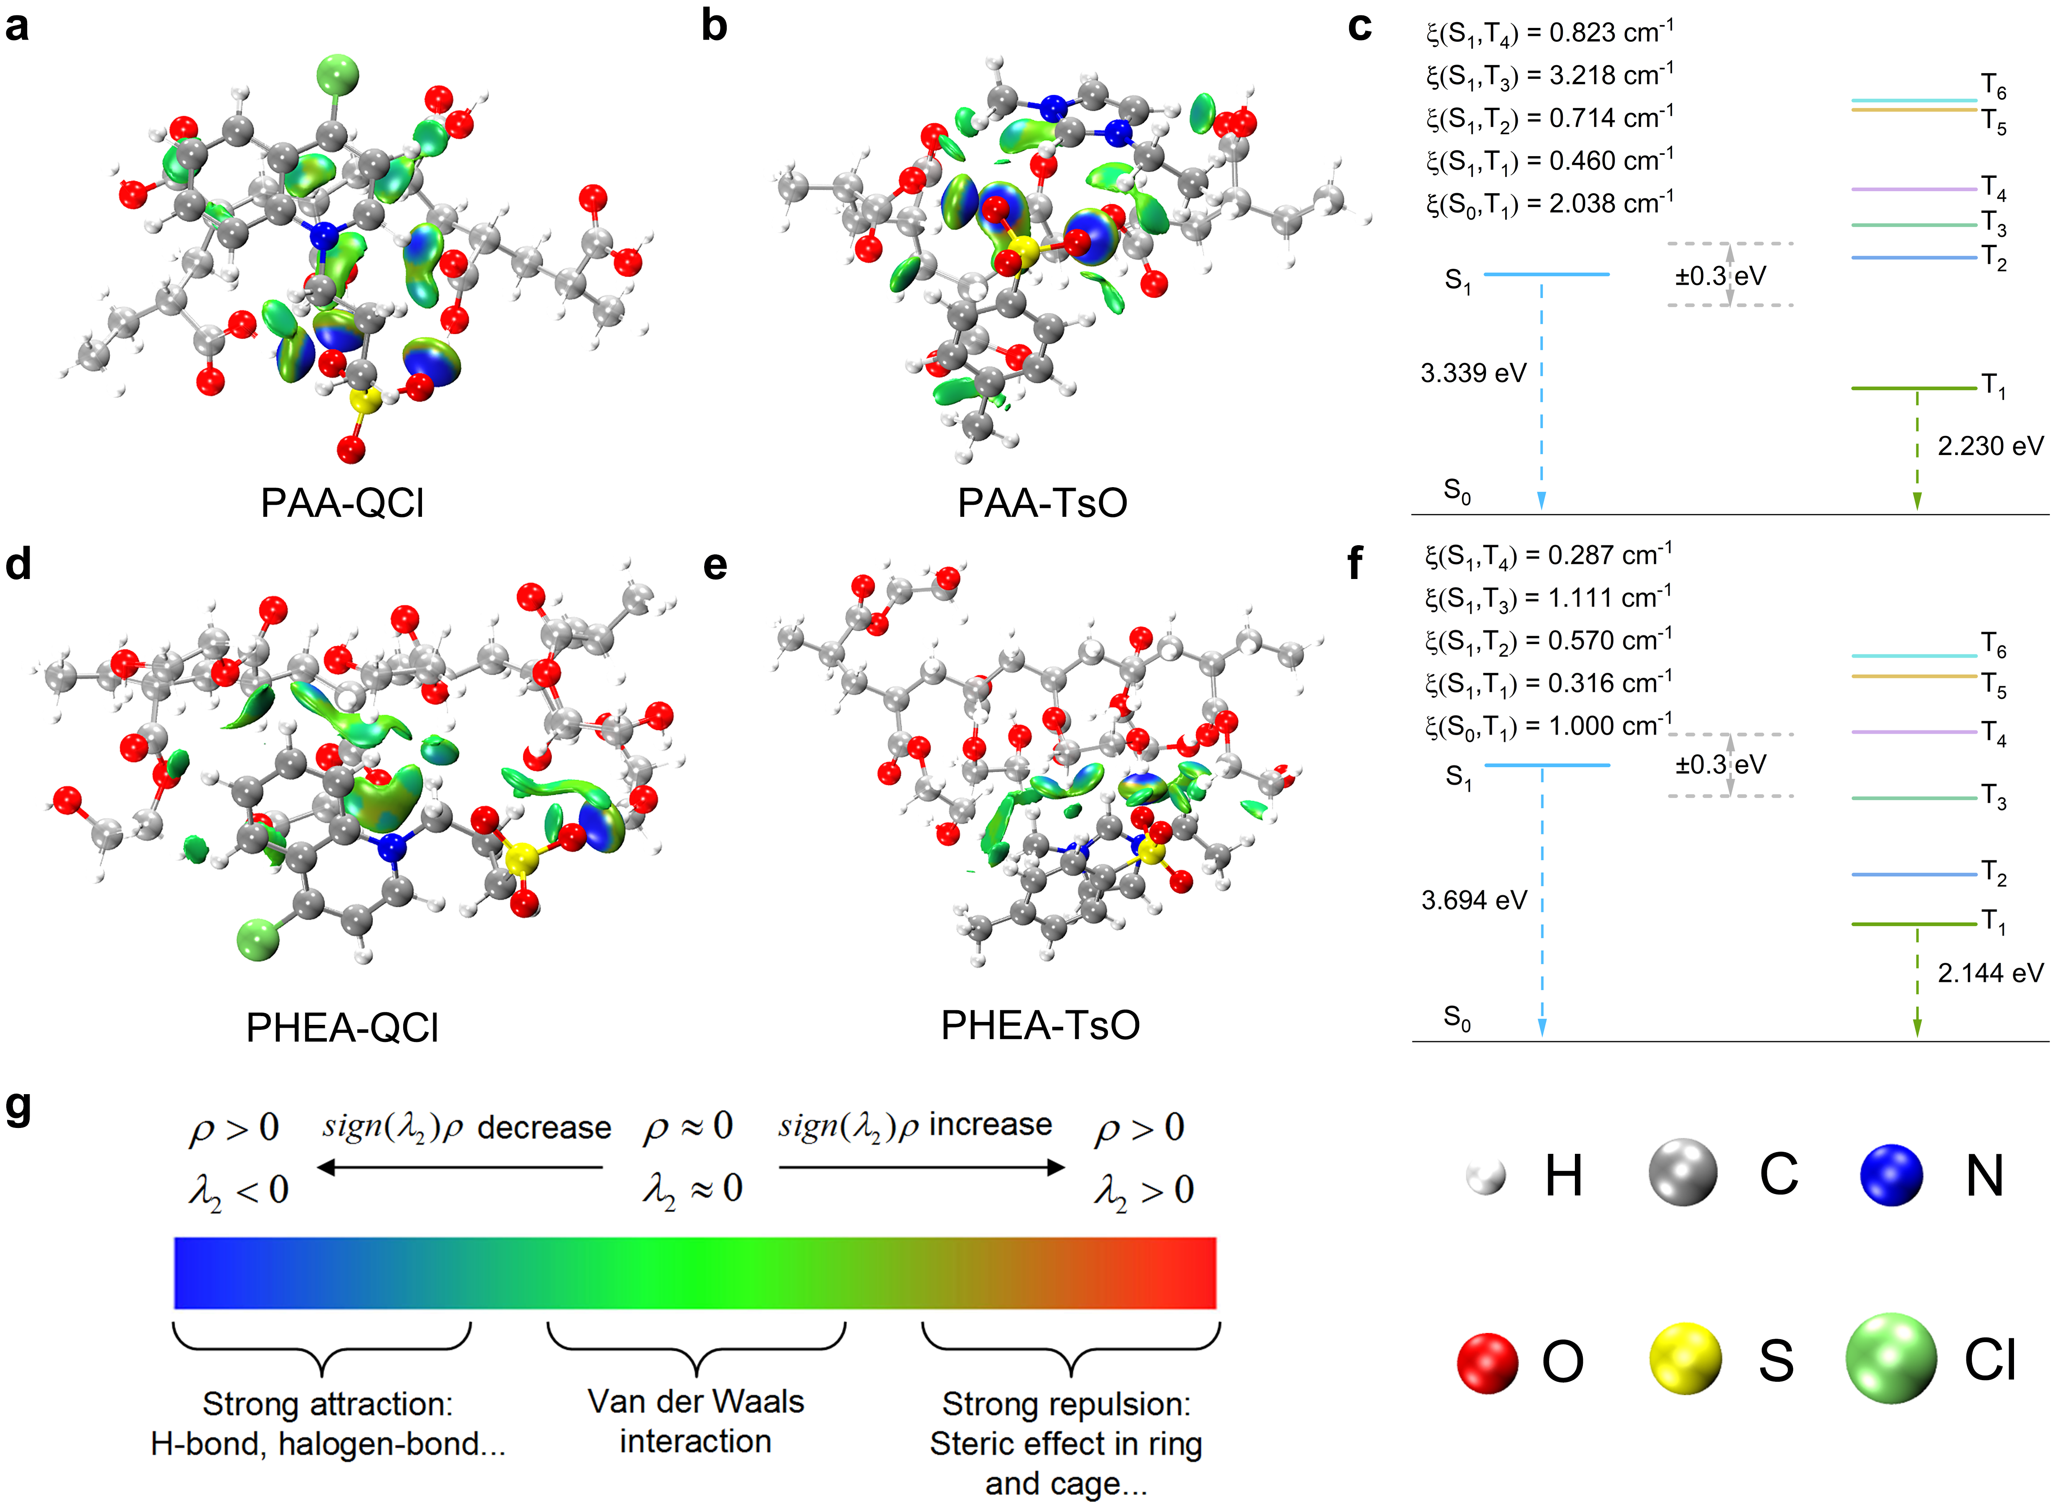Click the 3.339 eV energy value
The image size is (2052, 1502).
coord(1473,373)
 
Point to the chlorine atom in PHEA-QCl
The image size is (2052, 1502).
coord(258,939)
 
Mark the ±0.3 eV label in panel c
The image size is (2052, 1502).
coord(1720,276)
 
